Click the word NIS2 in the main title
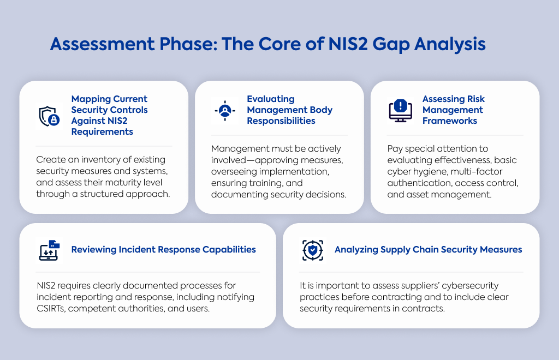[348, 44]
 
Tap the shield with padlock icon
[49, 116]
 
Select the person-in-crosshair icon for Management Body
[225, 111]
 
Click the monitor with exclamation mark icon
[400, 111]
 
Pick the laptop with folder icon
[49, 250]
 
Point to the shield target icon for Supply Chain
[313, 250]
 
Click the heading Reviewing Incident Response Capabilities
[164, 250]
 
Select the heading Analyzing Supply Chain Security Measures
[428, 250]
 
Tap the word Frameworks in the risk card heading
[450, 121]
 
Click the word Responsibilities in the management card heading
[281, 121]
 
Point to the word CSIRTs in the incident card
[51, 308]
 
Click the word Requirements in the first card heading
[102, 132]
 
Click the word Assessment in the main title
[102, 44]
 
